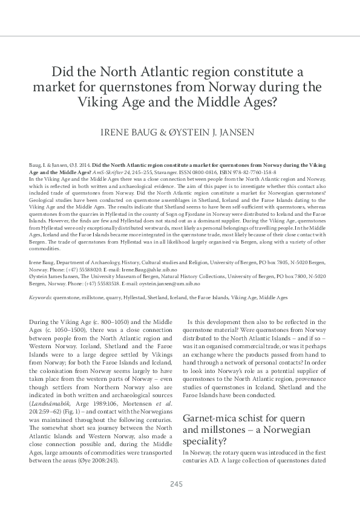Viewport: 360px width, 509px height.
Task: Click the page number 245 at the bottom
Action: [176, 484]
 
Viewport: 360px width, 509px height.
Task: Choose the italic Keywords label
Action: [40, 297]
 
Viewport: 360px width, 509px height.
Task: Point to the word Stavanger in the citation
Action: [172, 172]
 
